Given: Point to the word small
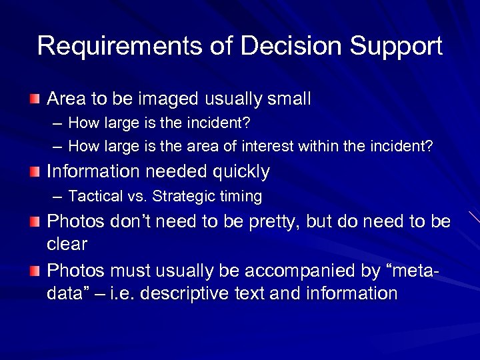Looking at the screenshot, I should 289,99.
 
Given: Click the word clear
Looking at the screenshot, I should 67,244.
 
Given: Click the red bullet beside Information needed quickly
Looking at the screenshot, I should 35,172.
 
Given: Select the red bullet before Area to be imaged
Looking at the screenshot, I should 35,99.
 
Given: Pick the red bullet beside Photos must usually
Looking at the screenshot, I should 35,271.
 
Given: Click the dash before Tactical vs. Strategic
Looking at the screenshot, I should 58,197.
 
